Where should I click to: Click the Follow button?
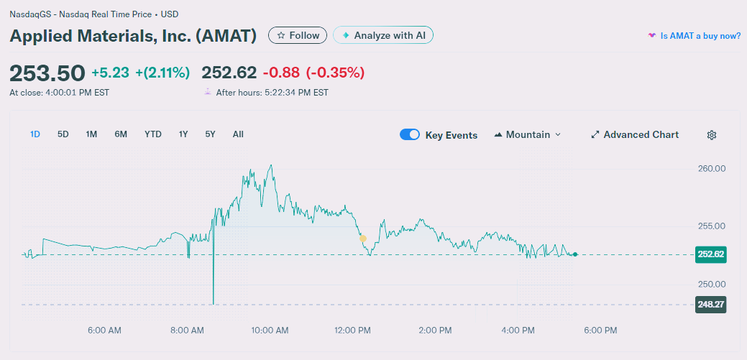(x=298, y=35)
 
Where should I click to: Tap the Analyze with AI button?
(x=383, y=35)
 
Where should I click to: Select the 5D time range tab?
(x=63, y=134)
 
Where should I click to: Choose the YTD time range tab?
(x=152, y=134)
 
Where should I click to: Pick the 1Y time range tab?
(x=183, y=134)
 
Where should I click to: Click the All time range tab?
(x=238, y=134)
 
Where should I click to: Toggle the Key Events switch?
(x=410, y=135)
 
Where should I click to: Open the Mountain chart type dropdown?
(x=528, y=135)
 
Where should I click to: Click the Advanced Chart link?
(x=634, y=135)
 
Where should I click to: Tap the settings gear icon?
(x=712, y=135)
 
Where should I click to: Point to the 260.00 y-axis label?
(x=711, y=169)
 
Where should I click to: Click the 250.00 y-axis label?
(x=711, y=284)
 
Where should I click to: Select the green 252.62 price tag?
(x=710, y=254)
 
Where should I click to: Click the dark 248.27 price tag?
(x=710, y=305)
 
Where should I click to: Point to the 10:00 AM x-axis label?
(x=270, y=331)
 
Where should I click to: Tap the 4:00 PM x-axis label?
(x=518, y=331)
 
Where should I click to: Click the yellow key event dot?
(x=363, y=239)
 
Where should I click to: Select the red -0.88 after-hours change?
(x=280, y=73)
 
